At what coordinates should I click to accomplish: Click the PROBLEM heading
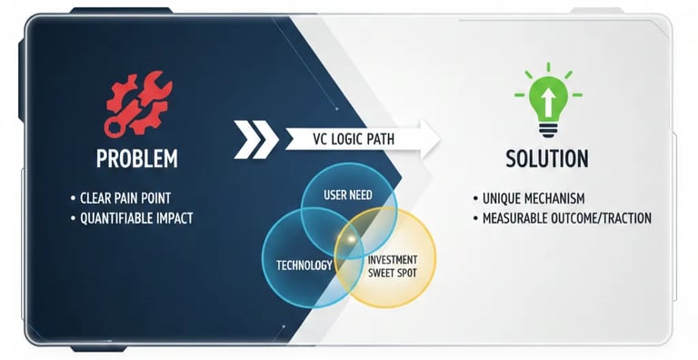tap(137, 159)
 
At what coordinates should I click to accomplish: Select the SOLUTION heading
tap(546, 159)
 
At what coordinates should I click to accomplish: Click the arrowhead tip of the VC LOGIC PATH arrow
tap(438, 138)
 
